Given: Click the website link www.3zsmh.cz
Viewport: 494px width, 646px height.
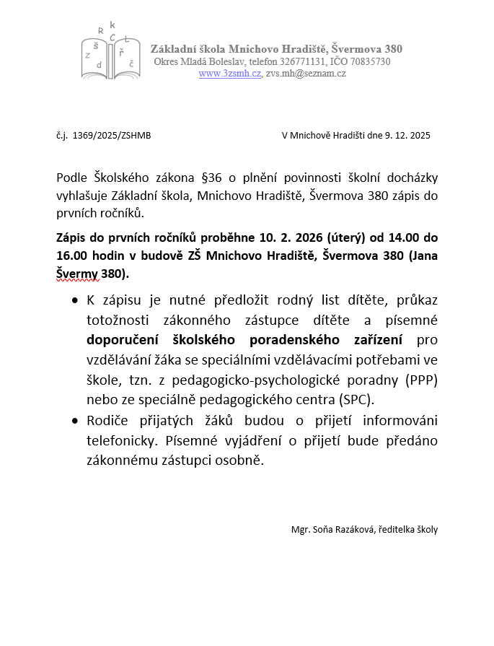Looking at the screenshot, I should pos(230,74).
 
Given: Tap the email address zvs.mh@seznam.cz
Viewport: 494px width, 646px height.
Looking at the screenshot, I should pos(306,74).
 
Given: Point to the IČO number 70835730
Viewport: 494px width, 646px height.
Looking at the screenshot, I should pos(368,62).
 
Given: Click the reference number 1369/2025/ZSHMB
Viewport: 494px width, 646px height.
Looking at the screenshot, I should pos(112,136).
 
